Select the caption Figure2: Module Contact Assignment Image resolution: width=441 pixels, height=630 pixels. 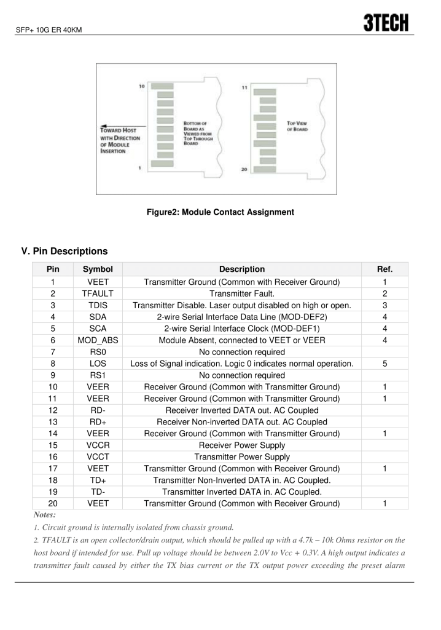point(220,212)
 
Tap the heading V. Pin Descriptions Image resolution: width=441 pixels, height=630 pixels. point(64,251)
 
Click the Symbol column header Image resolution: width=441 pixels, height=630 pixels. point(98,269)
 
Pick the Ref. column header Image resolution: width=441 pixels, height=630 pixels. point(384,269)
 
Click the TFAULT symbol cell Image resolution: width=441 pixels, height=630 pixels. point(98,293)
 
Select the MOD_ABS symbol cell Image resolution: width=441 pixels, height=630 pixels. point(98,340)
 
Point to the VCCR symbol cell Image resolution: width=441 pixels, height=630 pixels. point(98,445)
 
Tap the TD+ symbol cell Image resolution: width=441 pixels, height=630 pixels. point(98,480)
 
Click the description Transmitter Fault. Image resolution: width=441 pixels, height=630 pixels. point(241,293)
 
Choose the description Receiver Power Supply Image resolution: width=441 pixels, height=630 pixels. point(241,445)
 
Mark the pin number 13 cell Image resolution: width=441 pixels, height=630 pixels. point(52,421)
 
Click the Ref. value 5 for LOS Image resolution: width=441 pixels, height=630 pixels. point(384,364)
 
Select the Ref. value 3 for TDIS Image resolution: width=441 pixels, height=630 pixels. point(384,305)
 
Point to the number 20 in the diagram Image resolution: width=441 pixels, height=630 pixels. point(244,170)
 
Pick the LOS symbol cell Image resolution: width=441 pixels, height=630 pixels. point(98,364)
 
